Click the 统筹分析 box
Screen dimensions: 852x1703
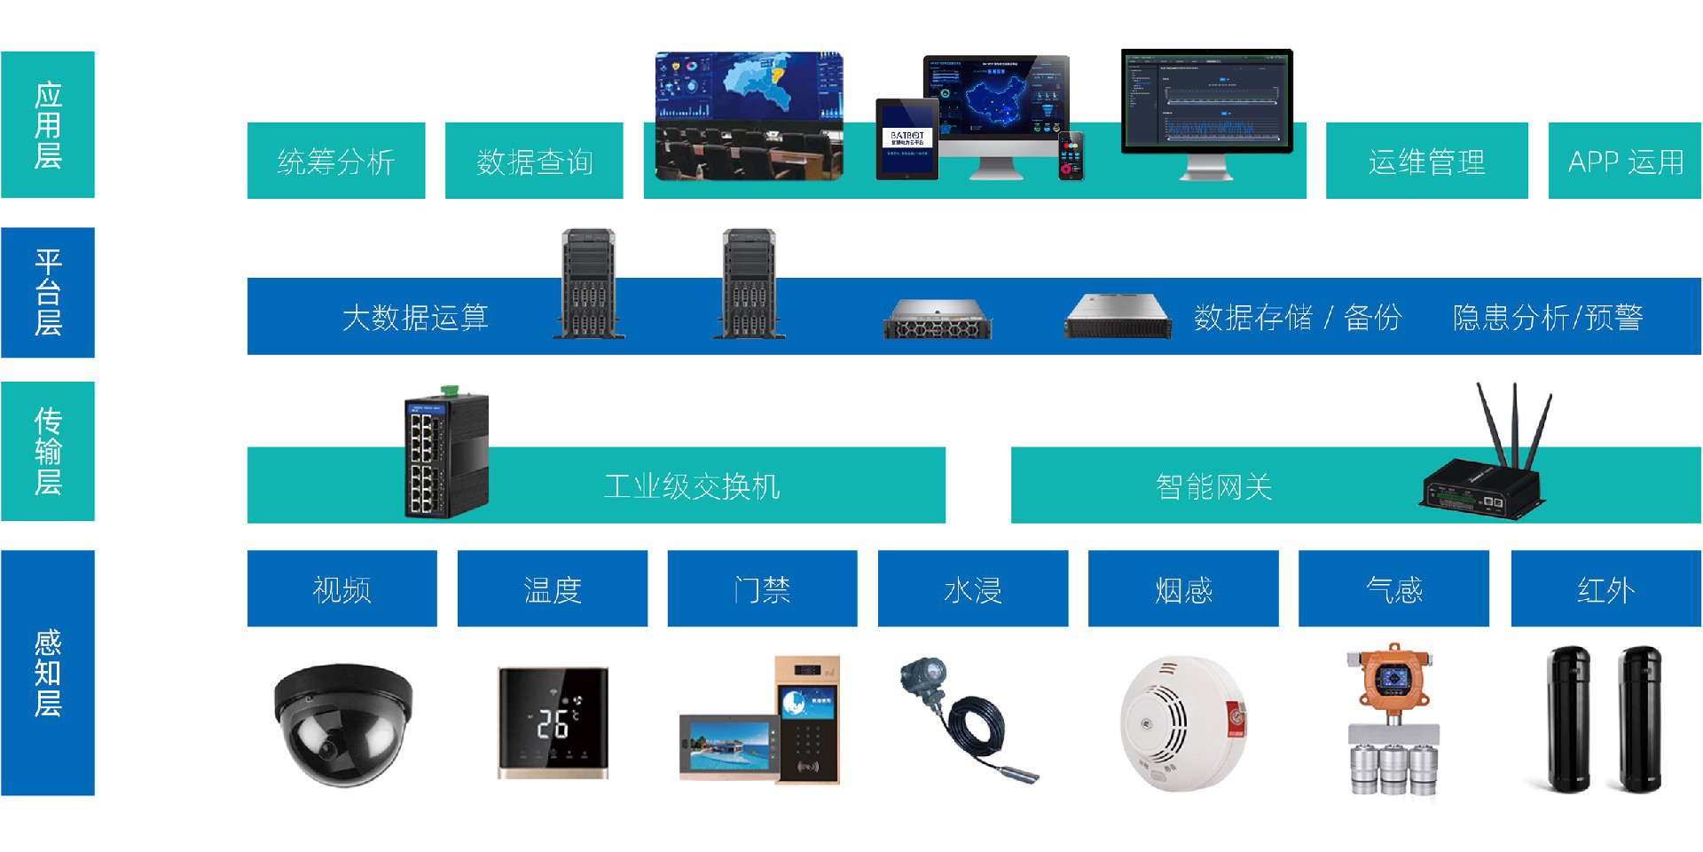[x=335, y=162]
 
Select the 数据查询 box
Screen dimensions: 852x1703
[x=534, y=162]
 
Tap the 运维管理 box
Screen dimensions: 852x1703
[x=1426, y=162]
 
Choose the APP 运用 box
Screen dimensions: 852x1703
[x=1625, y=162]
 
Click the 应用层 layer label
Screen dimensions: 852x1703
[x=48, y=124]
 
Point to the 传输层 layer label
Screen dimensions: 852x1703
[x=48, y=451]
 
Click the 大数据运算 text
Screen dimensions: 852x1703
[x=415, y=317]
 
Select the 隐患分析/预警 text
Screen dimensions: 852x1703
[x=1548, y=317]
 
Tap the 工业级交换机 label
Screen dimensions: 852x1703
[x=692, y=486]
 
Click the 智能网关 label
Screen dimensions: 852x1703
[x=1213, y=486]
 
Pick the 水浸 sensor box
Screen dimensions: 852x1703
[x=973, y=589]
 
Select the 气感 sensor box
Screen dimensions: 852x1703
[x=1393, y=589]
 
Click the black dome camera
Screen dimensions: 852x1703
[x=341, y=723]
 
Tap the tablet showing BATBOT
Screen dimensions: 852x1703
[x=906, y=139]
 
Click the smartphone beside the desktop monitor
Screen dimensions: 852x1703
[x=1071, y=156]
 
